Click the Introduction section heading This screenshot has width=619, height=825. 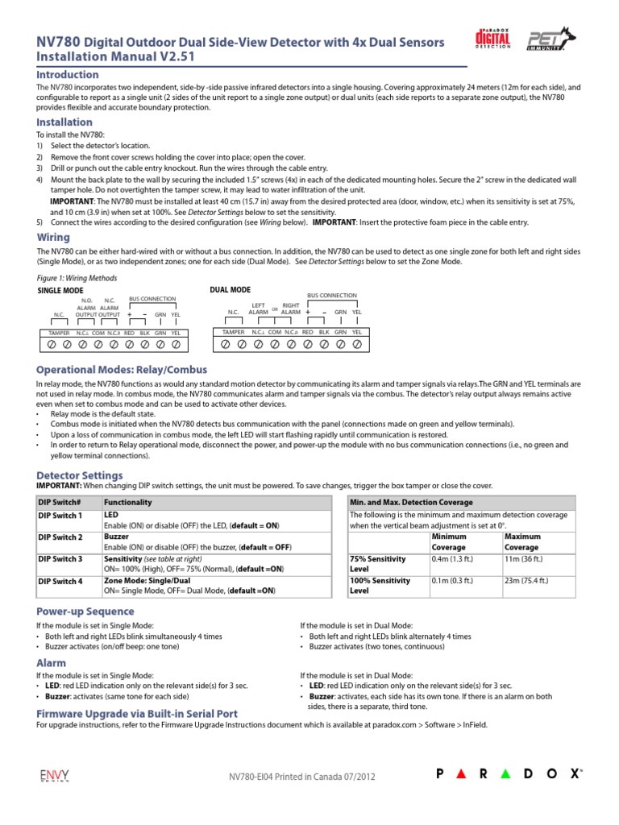(x=69, y=74)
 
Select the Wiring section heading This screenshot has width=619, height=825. (x=54, y=238)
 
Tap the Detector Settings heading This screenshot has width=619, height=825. (x=80, y=476)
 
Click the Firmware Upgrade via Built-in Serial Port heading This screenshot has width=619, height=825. (x=137, y=714)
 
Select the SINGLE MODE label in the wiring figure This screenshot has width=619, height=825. (x=61, y=289)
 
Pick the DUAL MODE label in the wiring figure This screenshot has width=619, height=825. (x=230, y=289)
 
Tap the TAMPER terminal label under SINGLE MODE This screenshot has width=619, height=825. (x=60, y=332)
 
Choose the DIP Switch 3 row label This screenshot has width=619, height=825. (x=61, y=559)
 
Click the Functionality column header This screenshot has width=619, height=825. (x=128, y=502)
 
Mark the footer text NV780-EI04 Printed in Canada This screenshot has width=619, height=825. (x=301, y=777)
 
